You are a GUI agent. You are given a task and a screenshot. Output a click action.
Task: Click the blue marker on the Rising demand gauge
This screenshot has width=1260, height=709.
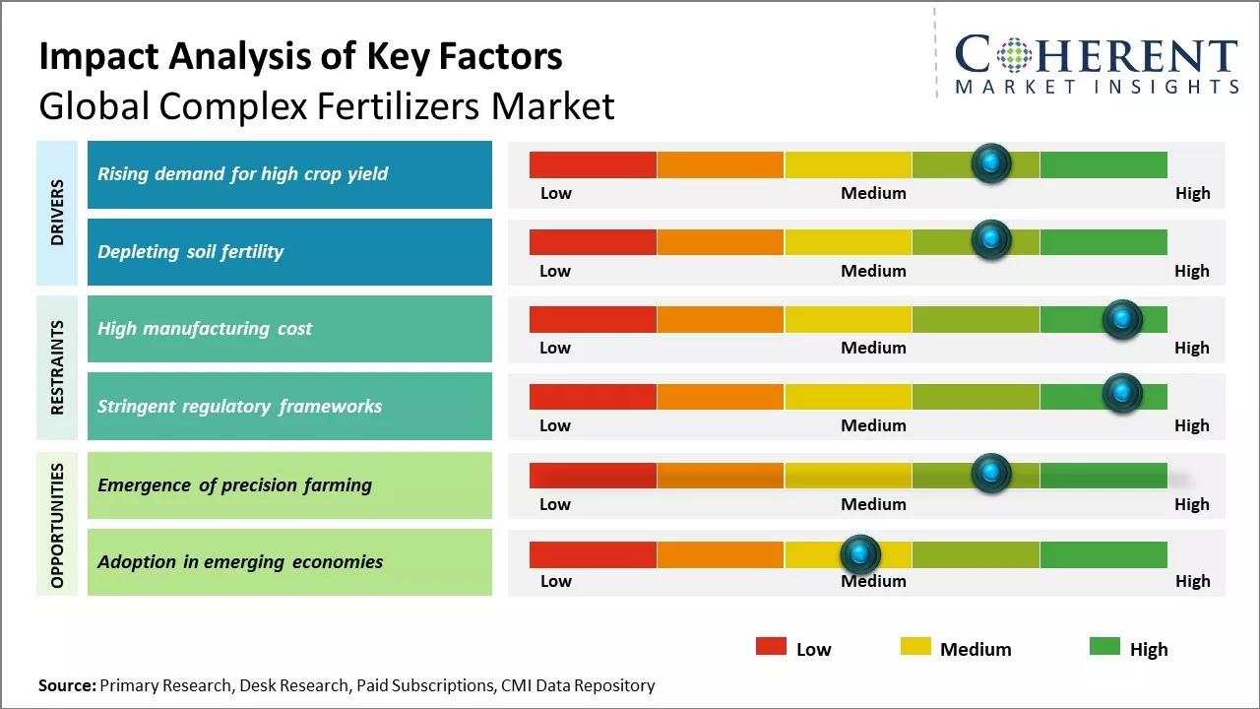pyautogui.click(x=991, y=162)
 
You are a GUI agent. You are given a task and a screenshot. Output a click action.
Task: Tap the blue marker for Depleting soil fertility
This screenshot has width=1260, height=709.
pyautogui.click(x=991, y=239)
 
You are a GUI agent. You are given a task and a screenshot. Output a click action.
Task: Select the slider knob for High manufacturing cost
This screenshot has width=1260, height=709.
pyautogui.click(x=1121, y=318)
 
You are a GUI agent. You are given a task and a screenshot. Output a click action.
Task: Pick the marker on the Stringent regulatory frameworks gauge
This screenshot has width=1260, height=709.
pyautogui.click(x=1121, y=394)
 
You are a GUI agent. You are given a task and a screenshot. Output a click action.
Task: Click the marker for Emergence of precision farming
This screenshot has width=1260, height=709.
pyautogui.click(x=991, y=474)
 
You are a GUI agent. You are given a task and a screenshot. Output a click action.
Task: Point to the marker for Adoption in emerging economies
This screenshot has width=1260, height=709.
pyautogui.click(x=860, y=554)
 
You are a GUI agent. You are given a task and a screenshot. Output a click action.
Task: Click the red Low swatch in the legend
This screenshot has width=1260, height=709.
pyautogui.click(x=771, y=647)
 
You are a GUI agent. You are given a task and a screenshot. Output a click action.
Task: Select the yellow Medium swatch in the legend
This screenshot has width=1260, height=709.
pyautogui.click(x=915, y=647)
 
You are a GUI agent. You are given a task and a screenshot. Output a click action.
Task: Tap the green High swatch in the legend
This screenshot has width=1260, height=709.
pyautogui.click(x=1104, y=647)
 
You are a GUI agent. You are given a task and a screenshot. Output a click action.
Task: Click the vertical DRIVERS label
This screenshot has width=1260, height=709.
pyautogui.click(x=57, y=213)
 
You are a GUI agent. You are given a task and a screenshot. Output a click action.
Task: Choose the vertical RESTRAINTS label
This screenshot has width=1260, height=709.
pyautogui.click(x=57, y=367)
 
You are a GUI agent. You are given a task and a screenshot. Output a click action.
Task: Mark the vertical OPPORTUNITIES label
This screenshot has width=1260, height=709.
pyautogui.click(x=57, y=525)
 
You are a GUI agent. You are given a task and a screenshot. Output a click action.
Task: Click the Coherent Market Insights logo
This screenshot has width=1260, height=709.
pyautogui.click(x=1096, y=64)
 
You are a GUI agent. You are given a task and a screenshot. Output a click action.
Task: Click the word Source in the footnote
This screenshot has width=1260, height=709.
pyautogui.click(x=67, y=685)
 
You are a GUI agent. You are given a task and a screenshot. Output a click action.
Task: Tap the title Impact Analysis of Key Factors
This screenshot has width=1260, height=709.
pyautogui.click(x=300, y=57)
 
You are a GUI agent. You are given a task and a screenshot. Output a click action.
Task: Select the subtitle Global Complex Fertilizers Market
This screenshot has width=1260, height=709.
pyautogui.click(x=326, y=106)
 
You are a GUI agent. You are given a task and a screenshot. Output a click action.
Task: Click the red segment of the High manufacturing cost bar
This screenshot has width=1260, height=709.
pyautogui.click(x=593, y=319)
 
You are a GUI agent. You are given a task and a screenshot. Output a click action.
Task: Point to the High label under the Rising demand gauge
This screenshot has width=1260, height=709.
pyautogui.click(x=1192, y=193)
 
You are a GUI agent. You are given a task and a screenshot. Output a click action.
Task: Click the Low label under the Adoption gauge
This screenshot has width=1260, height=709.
pyautogui.click(x=555, y=581)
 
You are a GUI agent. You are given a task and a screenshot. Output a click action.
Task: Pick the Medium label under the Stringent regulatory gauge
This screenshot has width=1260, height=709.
pyautogui.click(x=873, y=425)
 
